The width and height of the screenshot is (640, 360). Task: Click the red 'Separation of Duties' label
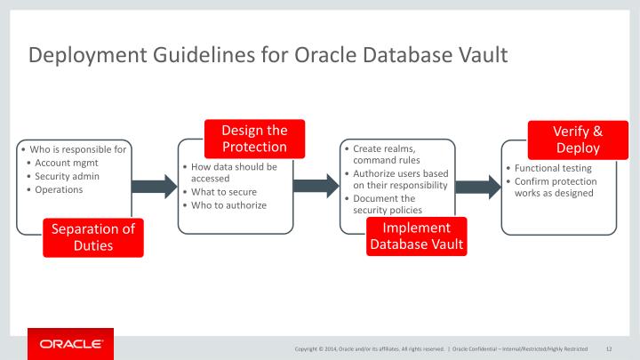coord(92,237)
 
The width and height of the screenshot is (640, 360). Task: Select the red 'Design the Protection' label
coord(254,139)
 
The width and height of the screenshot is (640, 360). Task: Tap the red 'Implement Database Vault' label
coord(415,236)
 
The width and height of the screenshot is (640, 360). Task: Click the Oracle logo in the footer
coord(71,344)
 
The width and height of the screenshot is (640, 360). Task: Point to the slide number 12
coord(610,348)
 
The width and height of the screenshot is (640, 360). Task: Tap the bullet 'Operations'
coord(59,189)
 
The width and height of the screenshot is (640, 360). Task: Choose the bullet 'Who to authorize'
coord(229,204)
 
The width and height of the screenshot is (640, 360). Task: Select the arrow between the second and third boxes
coord(316,186)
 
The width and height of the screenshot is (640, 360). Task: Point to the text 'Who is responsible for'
coord(77,149)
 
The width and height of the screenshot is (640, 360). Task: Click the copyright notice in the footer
coord(369,348)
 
